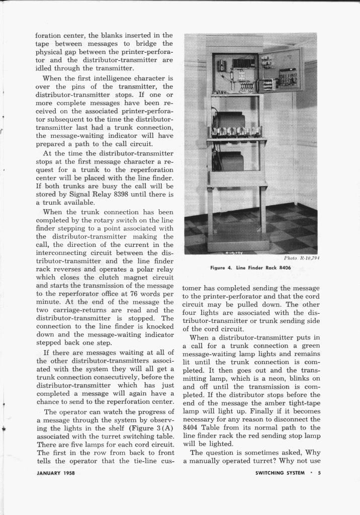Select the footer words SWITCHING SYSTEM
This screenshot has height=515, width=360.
pyautogui.click(x=280, y=473)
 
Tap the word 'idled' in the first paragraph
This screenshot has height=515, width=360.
pyautogui.click(x=45, y=67)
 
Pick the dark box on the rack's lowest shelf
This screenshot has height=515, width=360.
pyautogui.click(x=231, y=162)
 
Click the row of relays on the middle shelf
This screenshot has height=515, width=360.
pyautogui.click(x=235, y=132)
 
